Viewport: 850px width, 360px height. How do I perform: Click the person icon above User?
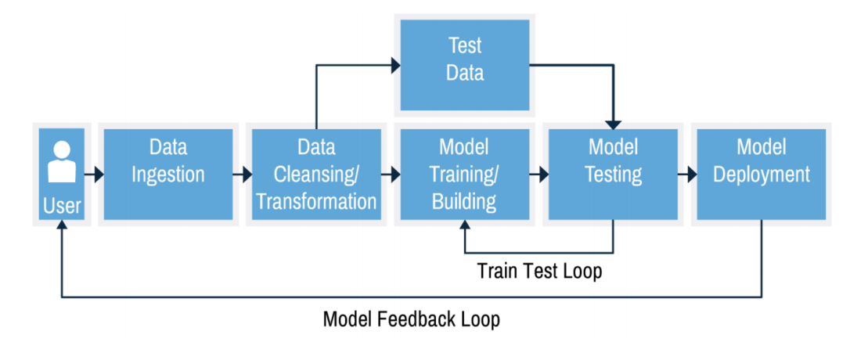(x=62, y=162)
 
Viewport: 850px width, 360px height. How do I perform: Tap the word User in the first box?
(x=62, y=207)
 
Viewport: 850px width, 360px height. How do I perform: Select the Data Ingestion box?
(x=167, y=174)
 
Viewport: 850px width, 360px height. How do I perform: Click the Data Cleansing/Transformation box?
(x=316, y=174)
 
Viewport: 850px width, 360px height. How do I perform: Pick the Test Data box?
(x=465, y=65)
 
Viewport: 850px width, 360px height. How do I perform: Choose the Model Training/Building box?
(x=465, y=174)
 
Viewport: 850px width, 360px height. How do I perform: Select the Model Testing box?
(x=613, y=174)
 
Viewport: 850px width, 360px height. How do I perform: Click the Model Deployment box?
(x=762, y=174)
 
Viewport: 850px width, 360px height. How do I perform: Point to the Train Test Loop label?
(x=540, y=271)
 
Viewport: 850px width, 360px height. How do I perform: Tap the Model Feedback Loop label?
(x=412, y=319)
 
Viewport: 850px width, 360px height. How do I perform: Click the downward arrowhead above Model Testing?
(x=614, y=124)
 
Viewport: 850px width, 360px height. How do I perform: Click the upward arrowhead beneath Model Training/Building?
(x=465, y=225)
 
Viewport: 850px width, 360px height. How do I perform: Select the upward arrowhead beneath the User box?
(x=62, y=225)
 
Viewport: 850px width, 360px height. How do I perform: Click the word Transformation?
(x=316, y=201)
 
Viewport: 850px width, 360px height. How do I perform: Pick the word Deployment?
(x=762, y=174)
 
